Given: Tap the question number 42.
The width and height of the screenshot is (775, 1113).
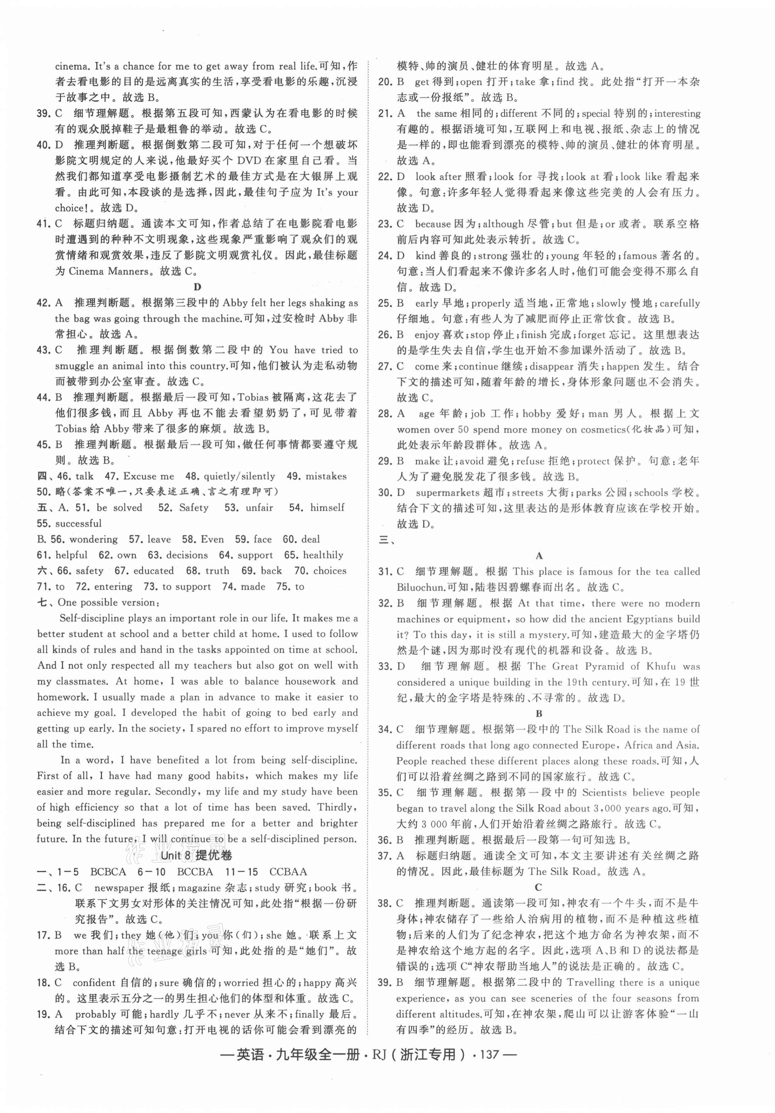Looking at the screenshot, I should coord(45,303).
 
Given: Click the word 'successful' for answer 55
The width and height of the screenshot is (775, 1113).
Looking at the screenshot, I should coord(79,523).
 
